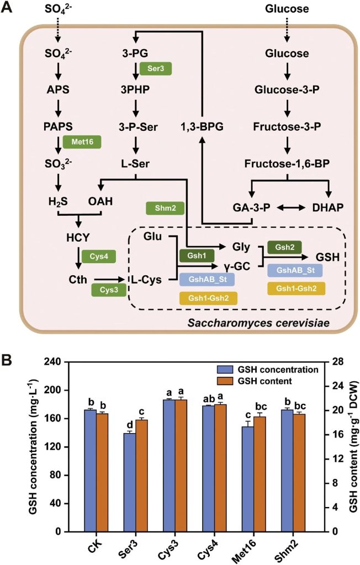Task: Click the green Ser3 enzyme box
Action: pyautogui.click(x=156, y=69)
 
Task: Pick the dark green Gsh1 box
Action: pyautogui.click(x=197, y=257)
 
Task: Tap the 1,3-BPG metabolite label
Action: pyautogui.click(x=202, y=127)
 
